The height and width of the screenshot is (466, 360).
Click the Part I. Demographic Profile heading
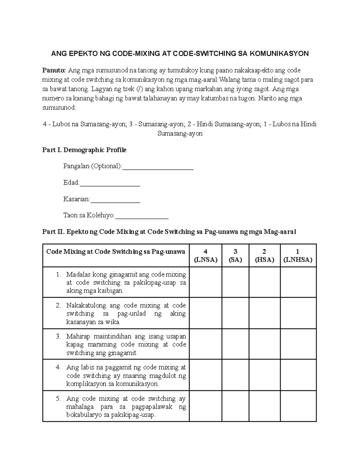click(x=84, y=150)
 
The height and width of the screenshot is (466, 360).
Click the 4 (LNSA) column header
click(x=205, y=256)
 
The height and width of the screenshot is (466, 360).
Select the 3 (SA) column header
click(x=235, y=256)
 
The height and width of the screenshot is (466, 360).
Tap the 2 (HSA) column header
click(x=264, y=256)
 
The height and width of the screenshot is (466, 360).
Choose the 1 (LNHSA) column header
click(x=298, y=256)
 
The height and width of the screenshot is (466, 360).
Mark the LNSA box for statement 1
click(x=205, y=282)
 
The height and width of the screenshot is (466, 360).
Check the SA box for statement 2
click(x=235, y=313)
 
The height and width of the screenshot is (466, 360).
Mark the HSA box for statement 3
click(x=264, y=344)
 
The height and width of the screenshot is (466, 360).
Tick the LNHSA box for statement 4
click(x=298, y=375)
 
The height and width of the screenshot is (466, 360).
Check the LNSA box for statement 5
click(x=205, y=406)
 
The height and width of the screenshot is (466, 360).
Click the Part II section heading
click(x=169, y=232)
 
